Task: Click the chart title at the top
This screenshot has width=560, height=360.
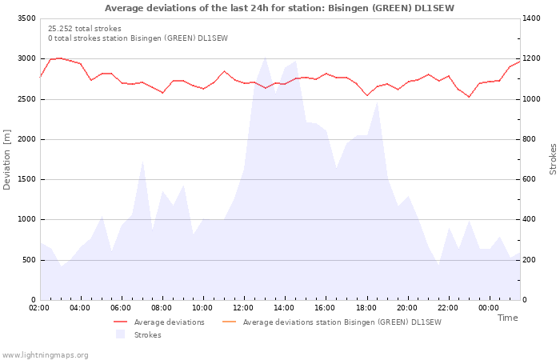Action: [x=279, y=8]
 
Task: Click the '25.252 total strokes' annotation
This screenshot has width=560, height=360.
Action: [x=85, y=29]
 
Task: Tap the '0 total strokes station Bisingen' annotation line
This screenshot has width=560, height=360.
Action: [x=138, y=38]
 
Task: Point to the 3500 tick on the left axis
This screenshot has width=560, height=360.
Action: [x=26, y=18]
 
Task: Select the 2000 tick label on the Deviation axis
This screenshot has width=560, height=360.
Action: [x=26, y=139]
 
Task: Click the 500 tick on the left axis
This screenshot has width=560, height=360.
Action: [x=29, y=260]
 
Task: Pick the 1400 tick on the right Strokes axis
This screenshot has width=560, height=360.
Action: [x=533, y=18]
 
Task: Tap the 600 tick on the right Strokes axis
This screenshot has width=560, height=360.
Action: [x=530, y=179]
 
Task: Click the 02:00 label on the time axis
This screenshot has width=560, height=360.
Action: [x=39, y=308]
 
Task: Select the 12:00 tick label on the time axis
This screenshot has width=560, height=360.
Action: [x=243, y=308]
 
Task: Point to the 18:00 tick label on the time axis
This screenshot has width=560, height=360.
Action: [x=366, y=308]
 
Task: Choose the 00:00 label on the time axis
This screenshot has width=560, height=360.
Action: [x=488, y=308]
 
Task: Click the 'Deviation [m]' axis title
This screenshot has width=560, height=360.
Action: [x=8, y=159]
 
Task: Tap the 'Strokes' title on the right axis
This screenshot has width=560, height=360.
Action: [x=553, y=159]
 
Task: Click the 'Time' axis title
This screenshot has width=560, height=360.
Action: [x=507, y=318]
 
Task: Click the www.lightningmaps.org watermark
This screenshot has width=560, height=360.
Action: [x=46, y=354]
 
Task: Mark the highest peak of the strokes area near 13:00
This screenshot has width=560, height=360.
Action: [x=265, y=56]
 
